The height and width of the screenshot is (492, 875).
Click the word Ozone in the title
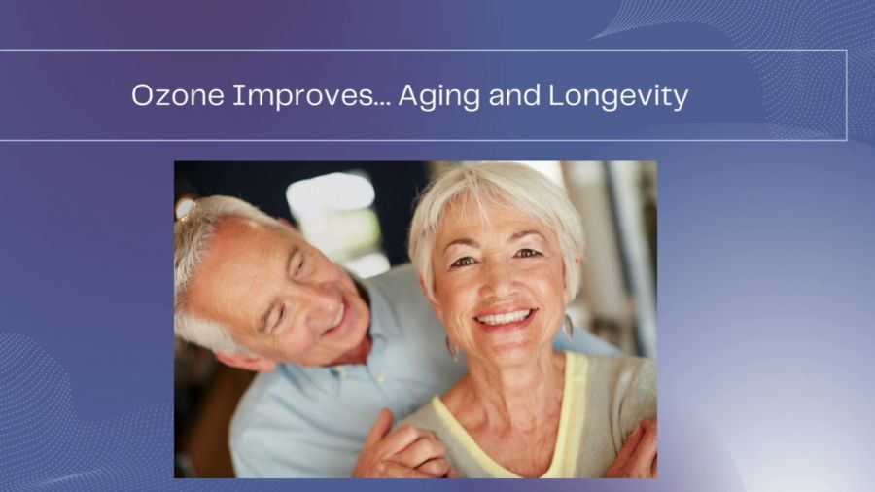tap(178, 95)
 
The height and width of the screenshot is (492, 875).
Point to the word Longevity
tap(618, 96)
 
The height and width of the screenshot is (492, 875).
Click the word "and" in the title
tap(514, 95)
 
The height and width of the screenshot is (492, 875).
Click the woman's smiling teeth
tap(505, 319)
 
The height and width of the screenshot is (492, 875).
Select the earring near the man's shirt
tap(451, 348)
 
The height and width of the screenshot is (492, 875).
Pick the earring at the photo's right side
tap(568, 327)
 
